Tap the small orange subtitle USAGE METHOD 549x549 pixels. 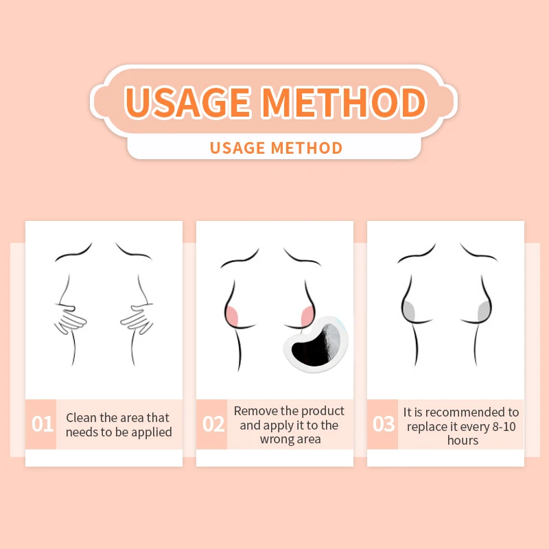pos(275,148)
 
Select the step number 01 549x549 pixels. pos(42,424)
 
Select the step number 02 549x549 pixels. pos(213,424)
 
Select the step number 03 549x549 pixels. pos(384,424)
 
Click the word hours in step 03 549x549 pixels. pos(462,441)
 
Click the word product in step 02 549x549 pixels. pos(322,411)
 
